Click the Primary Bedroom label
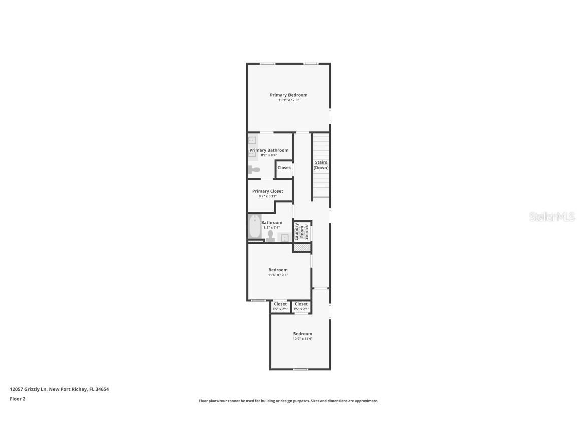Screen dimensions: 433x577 (x=288, y=95)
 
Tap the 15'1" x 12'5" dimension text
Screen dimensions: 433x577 (x=288, y=100)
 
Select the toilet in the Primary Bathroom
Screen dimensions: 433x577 (x=254, y=170)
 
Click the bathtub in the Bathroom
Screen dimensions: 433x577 (x=255, y=227)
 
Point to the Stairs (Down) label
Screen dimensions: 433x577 (x=321, y=165)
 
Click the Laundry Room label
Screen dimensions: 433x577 (x=297, y=231)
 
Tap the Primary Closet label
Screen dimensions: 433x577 (x=267, y=191)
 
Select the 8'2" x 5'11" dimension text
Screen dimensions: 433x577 (x=267, y=196)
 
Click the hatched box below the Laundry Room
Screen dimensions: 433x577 (x=302, y=247)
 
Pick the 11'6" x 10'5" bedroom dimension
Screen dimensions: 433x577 (x=278, y=275)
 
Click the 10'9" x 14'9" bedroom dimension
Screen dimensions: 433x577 (x=302, y=339)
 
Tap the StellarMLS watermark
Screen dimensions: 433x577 (x=552, y=216)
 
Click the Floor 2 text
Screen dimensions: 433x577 (x=17, y=399)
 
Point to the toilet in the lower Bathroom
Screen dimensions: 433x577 (x=271, y=236)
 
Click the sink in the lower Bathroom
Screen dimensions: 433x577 (x=284, y=237)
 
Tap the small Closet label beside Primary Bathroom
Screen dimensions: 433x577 (x=284, y=168)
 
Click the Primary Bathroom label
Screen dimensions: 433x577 (x=269, y=150)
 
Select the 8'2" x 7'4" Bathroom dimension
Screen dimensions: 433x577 (x=272, y=228)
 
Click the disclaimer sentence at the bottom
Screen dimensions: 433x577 (x=288, y=401)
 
